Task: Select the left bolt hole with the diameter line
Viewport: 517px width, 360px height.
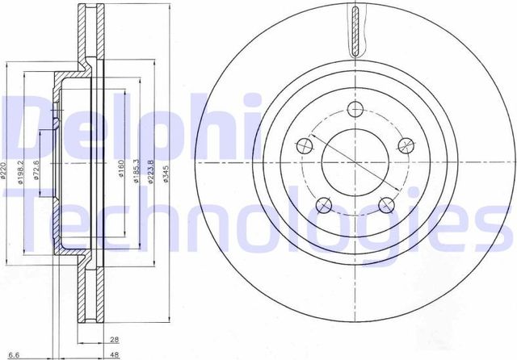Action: pos(305,146)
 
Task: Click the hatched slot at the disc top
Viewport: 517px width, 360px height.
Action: pos(356,28)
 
